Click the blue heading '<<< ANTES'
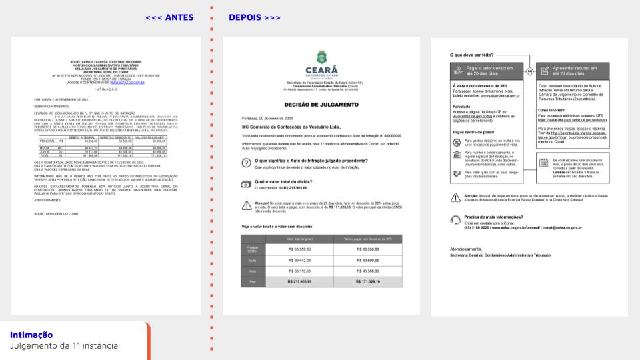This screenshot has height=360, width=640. click(x=169, y=17)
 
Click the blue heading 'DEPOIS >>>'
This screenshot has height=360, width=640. click(x=254, y=17)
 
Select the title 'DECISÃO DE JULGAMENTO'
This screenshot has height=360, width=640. click(x=321, y=105)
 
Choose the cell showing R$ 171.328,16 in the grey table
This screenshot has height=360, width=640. click(x=368, y=282)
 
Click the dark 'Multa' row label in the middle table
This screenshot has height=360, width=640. click(x=253, y=260)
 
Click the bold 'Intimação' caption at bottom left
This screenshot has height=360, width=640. click(x=31, y=335)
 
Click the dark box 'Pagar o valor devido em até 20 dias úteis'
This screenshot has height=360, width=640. click(x=487, y=69)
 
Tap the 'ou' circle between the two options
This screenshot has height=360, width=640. click(x=529, y=69)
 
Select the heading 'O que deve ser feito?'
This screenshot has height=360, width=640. click(x=471, y=55)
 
